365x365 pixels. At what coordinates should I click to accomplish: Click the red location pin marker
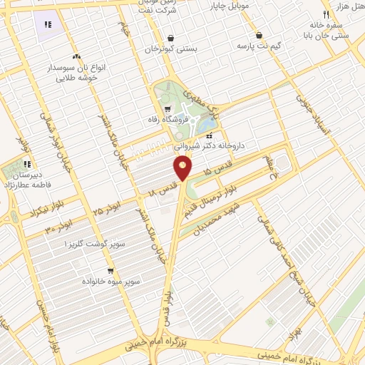click(182, 168)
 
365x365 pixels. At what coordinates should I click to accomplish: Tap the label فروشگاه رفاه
click(169, 120)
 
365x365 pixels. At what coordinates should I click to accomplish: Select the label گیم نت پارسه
click(258, 46)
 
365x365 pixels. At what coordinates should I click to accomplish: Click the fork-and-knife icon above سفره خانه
click(325, 14)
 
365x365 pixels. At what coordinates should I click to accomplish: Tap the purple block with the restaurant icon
click(48, 25)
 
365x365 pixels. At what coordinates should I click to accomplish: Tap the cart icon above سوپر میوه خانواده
click(110, 271)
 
